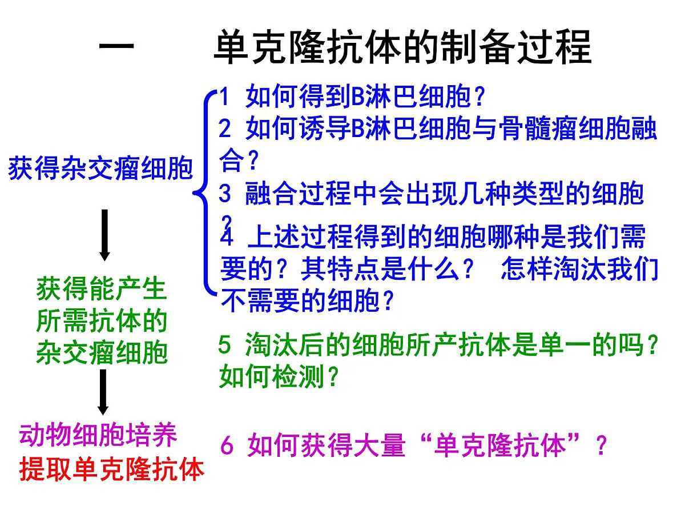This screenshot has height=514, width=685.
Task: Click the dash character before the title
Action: click(x=116, y=47)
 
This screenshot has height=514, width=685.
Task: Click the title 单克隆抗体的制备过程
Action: click(x=402, y=47)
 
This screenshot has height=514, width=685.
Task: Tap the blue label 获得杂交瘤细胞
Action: click(x=100, y=170)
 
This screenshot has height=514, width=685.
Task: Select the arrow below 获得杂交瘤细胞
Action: click(x=104, y=235)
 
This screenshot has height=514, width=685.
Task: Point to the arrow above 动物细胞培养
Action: click(x=103, y=392)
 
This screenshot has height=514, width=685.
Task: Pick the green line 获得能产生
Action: click(x=101, y=289)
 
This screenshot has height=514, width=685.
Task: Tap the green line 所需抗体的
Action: click(x=101, y=321)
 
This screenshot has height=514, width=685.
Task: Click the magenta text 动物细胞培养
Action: click(x=98, y=435)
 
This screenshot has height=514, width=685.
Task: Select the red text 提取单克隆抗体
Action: click(x=112, y=469)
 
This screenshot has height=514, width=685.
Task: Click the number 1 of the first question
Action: click(x=224, y=98)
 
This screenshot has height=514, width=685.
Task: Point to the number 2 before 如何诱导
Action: click(x=225, y=130)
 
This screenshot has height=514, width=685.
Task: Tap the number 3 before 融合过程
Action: click(x=225, y=194)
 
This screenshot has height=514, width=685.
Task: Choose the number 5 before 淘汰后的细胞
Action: click(x=225, y=345)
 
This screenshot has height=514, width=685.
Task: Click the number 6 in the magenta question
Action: click(x=227, y=446)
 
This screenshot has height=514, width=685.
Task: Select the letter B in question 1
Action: click(x=357, y=98)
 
